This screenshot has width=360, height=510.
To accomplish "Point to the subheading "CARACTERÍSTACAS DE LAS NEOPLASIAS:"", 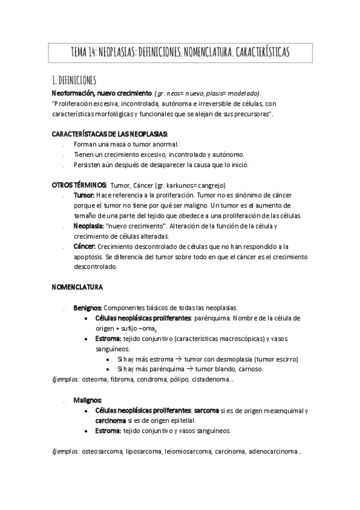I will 110,133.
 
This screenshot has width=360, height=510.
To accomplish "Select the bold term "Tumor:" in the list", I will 84,195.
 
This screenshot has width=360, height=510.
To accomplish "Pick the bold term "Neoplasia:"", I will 88,226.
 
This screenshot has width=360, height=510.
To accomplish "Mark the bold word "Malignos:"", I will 88,399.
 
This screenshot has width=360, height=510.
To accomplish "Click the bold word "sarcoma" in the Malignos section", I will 207,410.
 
